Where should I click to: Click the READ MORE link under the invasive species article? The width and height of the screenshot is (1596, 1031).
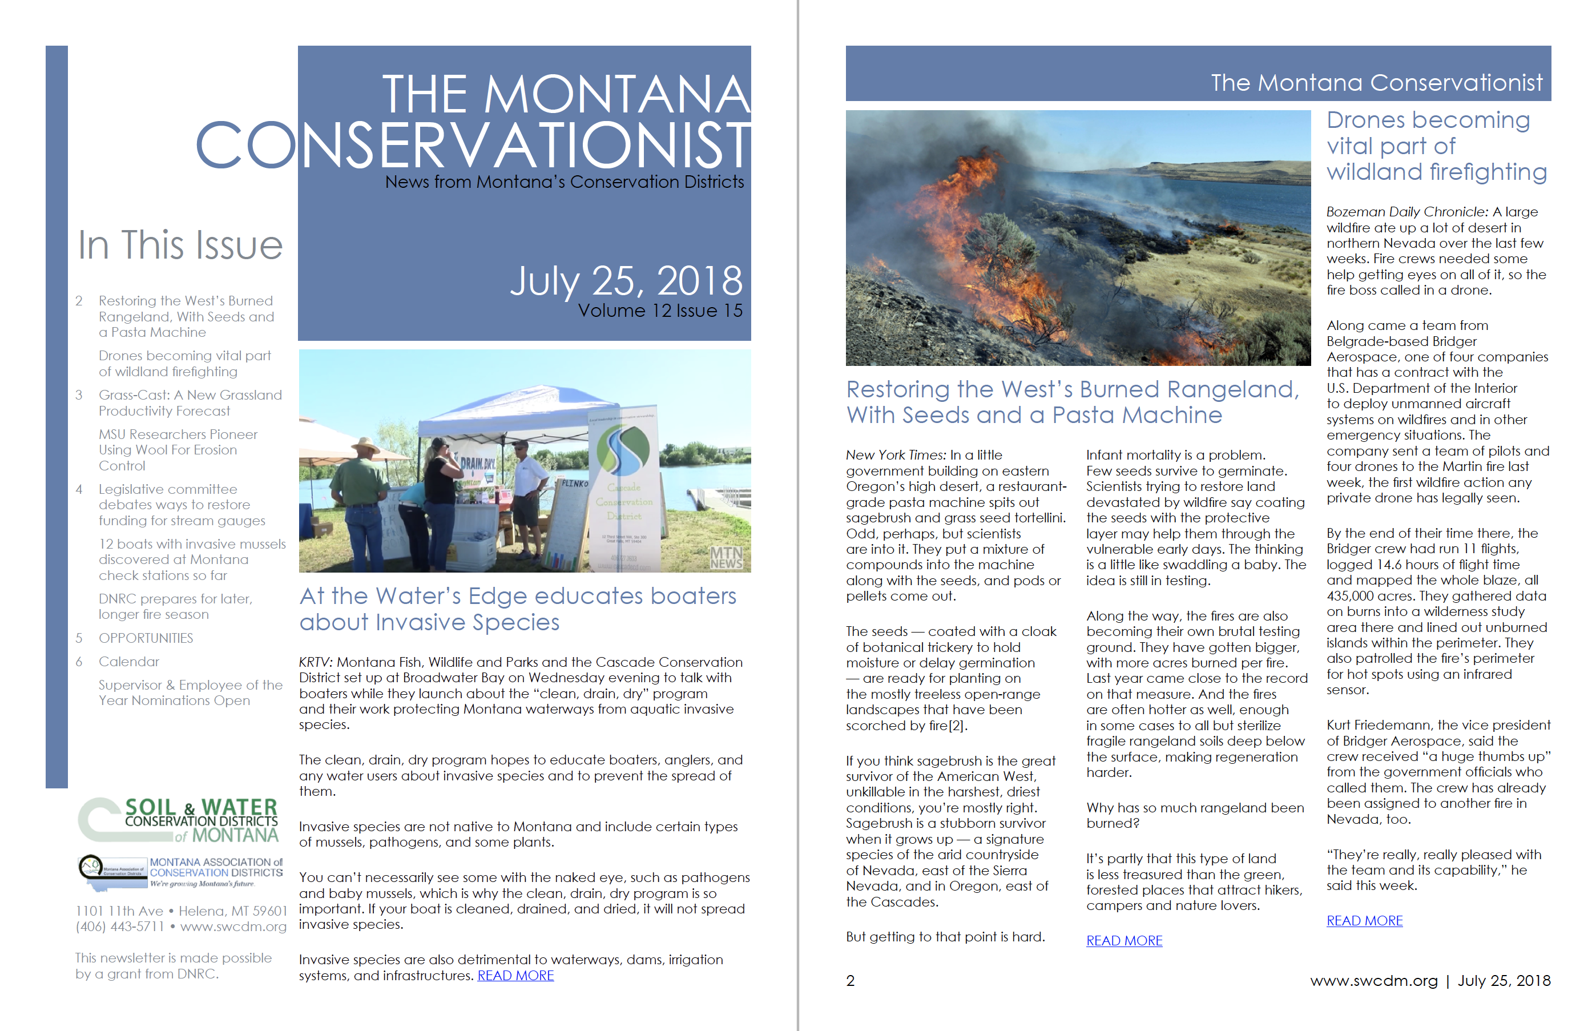pyautogui.click(x=515, y=976)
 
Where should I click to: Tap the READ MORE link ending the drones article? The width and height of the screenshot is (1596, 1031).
pyautogui.click(x=1364, y=920)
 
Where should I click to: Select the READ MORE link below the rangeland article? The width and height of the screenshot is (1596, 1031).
pyautogui.click(x=1123, y=941)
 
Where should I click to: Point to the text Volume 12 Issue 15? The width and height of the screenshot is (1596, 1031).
pyautogui.click(x=659, y=311)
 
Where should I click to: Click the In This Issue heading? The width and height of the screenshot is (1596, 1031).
pyautogui.click(x=180, y=245)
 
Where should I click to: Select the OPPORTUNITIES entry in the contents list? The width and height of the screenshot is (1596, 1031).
pyautogui.click(x=146, y=638)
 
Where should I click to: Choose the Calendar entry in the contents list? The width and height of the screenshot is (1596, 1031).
pyautogui.click(x=129, y=662)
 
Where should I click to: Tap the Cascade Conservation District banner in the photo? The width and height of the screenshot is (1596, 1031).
pyautogui.click(x=624, y=489)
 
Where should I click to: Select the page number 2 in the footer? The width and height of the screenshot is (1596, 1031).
pyautogui.click(x=850, y=981)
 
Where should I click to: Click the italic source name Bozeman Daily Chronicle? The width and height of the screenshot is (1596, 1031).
pyautogui.click(x=1406, y=212)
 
